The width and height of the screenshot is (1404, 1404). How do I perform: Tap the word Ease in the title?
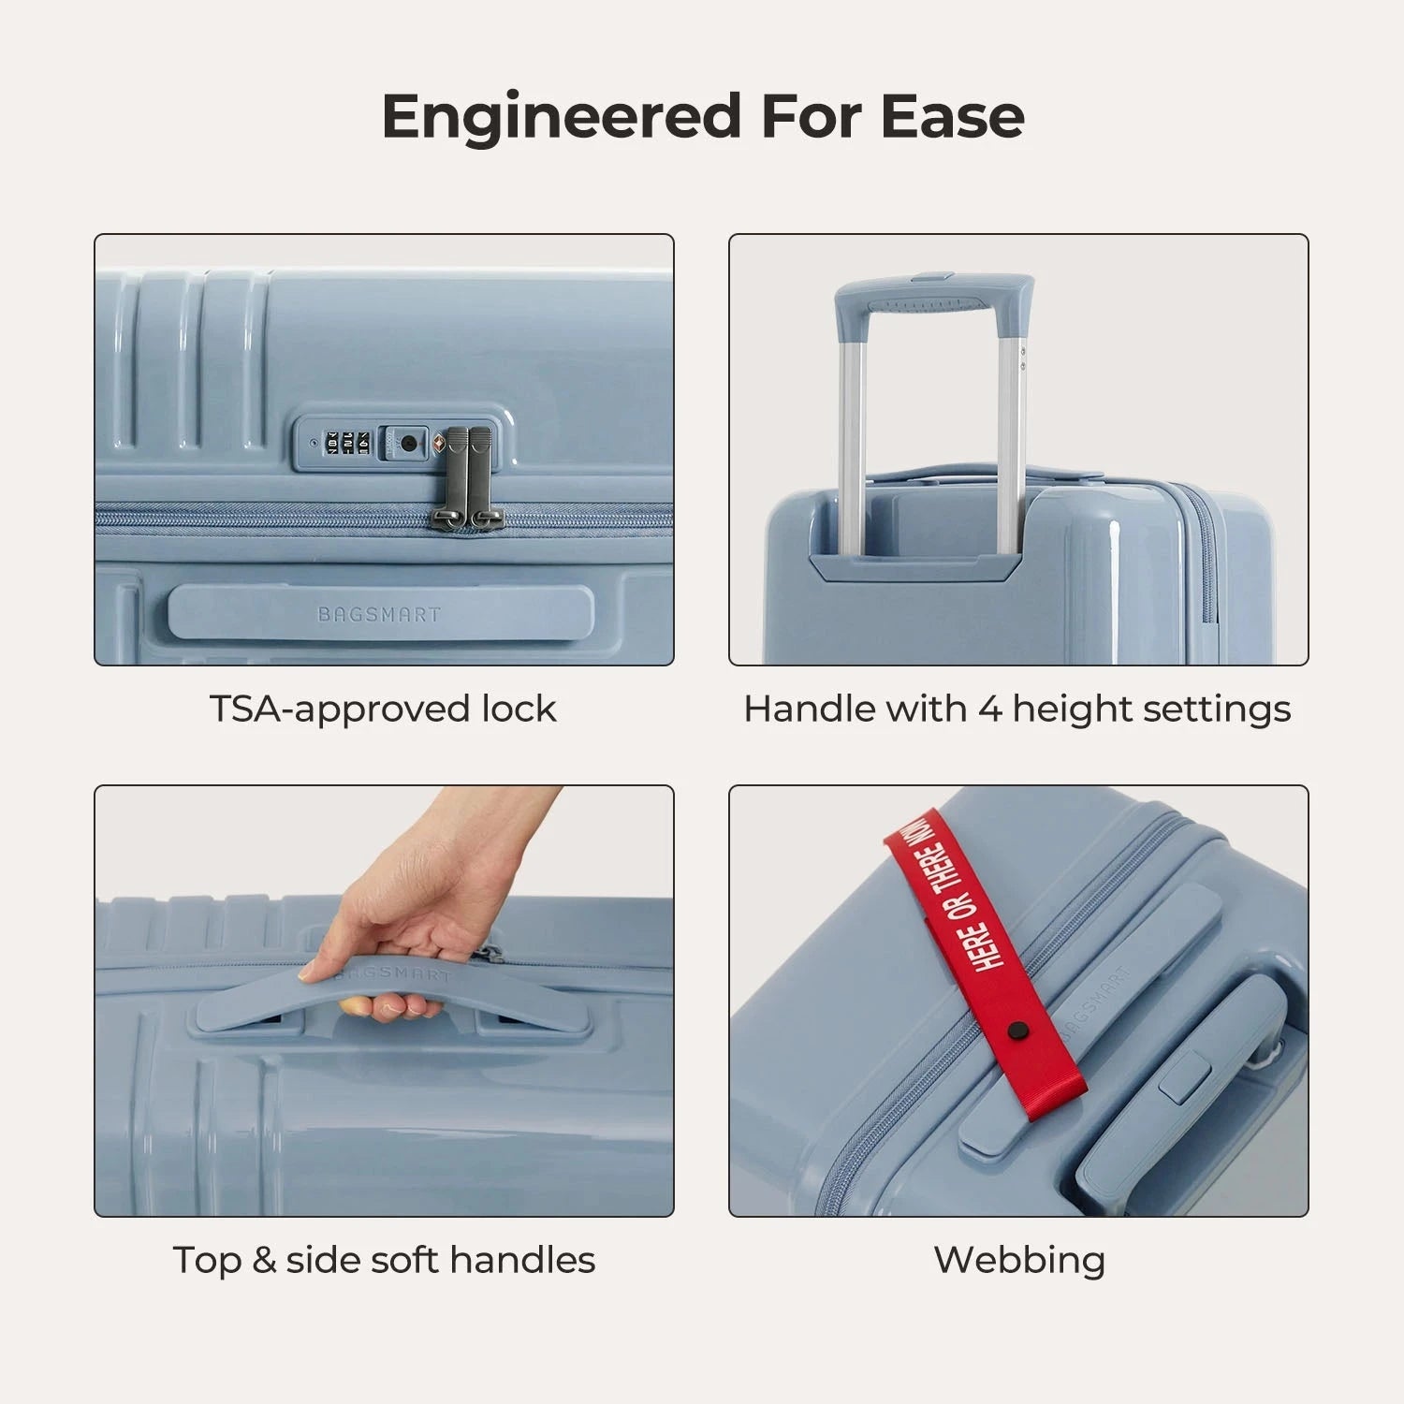pyautogui.click(x=952, y=118)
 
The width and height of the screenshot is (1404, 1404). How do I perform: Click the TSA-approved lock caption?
pyautogui.click(x=382, y=709)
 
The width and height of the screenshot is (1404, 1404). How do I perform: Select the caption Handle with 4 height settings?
pyautogui.click(x=1016, y=709)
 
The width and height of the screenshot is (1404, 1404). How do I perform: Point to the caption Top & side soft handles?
pyautogui.click(x=384, y=1260)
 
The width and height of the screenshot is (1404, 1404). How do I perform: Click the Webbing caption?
pyautogui.click(x=1019, y=1260)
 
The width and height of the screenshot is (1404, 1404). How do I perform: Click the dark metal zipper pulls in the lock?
pyautogui.click(x=467, y=477)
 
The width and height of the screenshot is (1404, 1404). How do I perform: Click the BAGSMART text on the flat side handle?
pyautogui.click(x=378, y=615)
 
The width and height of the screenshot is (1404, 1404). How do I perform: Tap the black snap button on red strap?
pyautogui.click(x=1016, y=1031)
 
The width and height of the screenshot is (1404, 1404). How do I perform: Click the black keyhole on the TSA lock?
pyautogui.click(x=408, y=443)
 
